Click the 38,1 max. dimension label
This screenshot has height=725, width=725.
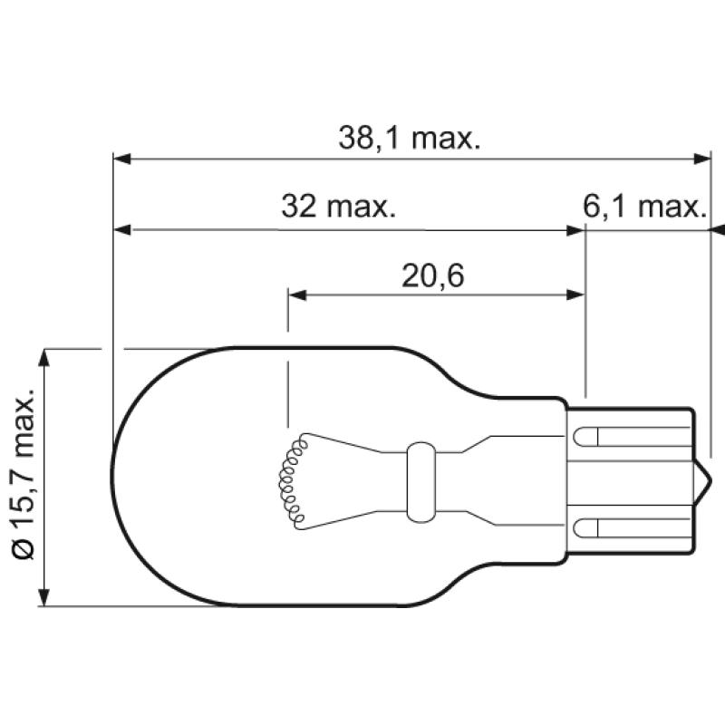pos(409,138)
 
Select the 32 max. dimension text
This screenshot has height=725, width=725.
pos(338,208)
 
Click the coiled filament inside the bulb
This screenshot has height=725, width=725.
pos(291,480)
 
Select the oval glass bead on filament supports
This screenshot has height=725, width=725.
pos(420,477)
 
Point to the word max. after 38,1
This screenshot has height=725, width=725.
pos(443,138)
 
